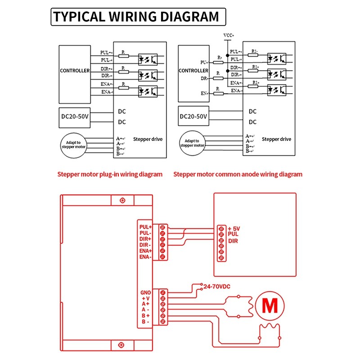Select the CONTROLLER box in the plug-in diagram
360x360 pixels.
[75, 71]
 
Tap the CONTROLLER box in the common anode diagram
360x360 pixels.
[193, 71]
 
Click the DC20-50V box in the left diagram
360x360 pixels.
[75, 116]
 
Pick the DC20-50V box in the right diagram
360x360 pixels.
[193, 117]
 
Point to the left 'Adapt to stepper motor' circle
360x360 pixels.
[73, 144]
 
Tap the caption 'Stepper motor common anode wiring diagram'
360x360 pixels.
[238, 174]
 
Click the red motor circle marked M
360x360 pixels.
[270, 306]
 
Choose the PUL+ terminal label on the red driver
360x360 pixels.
[146, 227]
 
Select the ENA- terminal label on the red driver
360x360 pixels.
[146, 256]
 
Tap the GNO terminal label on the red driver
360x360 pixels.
[146, 292]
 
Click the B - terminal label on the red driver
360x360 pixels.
[146, 321]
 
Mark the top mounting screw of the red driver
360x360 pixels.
[122, 200]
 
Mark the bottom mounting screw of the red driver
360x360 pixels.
[121, 345]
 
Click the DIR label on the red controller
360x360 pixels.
[233, 241]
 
